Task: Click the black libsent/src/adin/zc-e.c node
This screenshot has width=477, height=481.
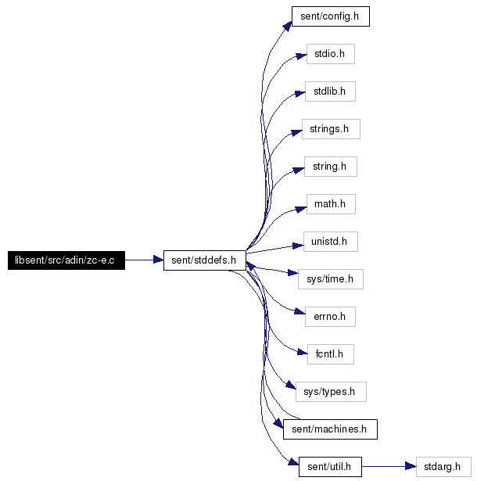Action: point(66,260)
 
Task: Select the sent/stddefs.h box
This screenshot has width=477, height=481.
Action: point(205,260)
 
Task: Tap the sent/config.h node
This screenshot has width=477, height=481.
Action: point(331,16)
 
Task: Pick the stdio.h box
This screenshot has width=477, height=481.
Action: point(331,54)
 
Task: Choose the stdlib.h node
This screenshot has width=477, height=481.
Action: point(330,92)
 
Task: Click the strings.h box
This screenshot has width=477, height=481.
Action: point(331,129)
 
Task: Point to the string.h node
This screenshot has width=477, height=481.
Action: point(331,167)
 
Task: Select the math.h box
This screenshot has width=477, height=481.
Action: point(331,204)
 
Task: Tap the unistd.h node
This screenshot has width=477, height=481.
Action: point(331,242)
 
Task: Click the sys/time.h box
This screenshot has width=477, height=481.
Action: point(331,279)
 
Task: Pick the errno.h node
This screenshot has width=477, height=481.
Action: point(330,317)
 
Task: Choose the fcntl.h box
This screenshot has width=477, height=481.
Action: point(331,354)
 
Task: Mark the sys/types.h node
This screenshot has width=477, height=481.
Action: point(331,392)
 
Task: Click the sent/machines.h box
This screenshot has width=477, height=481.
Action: point(330,429)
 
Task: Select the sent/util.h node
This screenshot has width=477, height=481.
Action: point(330,467)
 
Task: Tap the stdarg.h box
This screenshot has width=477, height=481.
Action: point(443,467)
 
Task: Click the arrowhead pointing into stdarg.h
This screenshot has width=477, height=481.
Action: point(411,467)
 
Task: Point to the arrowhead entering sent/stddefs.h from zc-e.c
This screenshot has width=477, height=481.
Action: point(158,260)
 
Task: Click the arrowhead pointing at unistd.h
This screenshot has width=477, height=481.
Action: point(298,246)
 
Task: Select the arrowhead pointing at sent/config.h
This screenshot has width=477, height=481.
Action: point(288,26)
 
